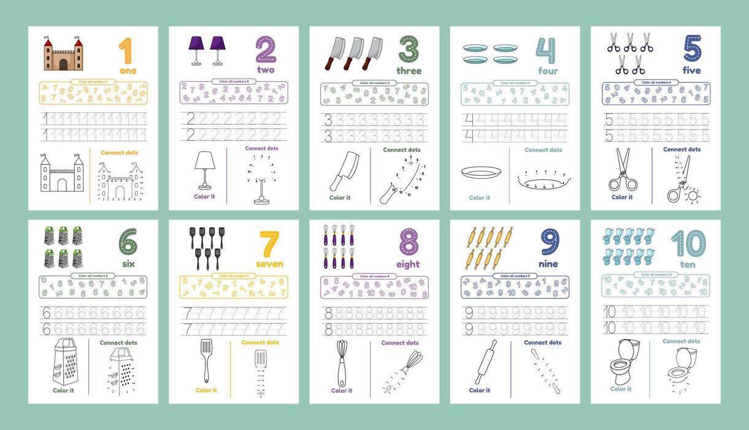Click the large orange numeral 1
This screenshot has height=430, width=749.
tap(125, 51)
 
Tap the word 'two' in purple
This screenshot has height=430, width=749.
tap(266, 70)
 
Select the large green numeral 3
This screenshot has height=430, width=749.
tap(409, 50)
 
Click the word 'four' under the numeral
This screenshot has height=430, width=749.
tap(548, 71)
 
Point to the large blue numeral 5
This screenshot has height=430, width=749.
tap(692, 49)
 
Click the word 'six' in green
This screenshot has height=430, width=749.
tap(128, 264)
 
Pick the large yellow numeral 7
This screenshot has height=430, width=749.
tap(269, 244)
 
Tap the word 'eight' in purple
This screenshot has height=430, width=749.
tap(408, 264)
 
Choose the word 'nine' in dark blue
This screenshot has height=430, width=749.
tap(548, 264)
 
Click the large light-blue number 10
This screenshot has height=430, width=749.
tap(688, 244)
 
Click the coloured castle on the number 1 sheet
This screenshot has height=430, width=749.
tap(63, 53)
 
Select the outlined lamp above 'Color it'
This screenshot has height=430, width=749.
tap(204, 170)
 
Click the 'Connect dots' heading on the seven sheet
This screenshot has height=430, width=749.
tap(260, 342)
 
